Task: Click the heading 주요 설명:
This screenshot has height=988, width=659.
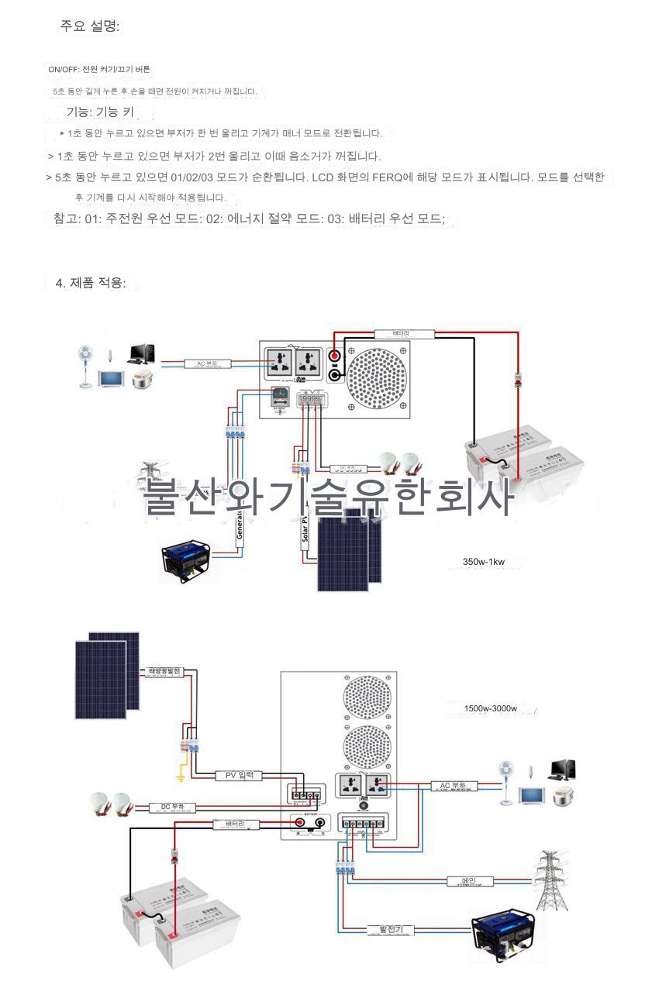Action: (x=90, y=26)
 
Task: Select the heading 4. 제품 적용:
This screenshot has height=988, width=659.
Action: (x=91, y=283)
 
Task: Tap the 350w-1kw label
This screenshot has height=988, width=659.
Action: (x=484, y=562)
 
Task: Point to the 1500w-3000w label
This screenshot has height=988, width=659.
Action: (x=491, y=708)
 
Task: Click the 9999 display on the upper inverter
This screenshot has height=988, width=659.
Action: (x=309, y=400)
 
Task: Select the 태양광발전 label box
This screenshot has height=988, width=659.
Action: (x=164, y=670)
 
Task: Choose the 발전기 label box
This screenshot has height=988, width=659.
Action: (x=391, y=929)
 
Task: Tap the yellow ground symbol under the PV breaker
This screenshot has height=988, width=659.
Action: (x=179, y=775)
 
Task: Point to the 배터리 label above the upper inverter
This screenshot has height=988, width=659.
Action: (x=402, y=334)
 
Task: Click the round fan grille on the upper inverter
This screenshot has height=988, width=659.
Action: (x=377, y=377)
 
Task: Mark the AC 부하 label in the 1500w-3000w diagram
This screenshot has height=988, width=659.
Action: (x=453, y=786)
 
